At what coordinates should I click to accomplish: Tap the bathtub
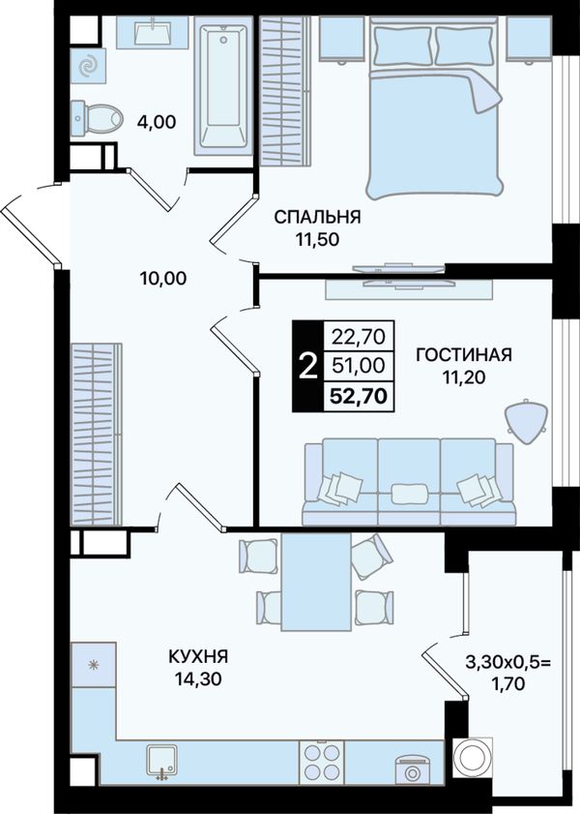click(223, 85)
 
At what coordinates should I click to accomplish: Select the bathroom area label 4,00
click(157, 122)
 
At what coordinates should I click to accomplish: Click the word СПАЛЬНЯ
click(317, 217)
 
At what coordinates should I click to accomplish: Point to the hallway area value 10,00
click(163, 279)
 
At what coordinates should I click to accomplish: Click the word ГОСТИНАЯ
click(464, 354)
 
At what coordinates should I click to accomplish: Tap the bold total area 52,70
click(360, 397)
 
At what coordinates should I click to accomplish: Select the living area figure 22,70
click(359, 337)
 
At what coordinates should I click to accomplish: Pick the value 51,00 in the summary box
click(359, 366)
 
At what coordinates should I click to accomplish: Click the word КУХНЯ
click(198, 656)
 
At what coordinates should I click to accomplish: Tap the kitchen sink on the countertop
click(161, 762)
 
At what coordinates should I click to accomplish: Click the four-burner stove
click(321, 762)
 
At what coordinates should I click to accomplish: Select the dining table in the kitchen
click(316, 582)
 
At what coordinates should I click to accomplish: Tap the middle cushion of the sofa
click(409, 494)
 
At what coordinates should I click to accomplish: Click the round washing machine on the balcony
click(472, 758)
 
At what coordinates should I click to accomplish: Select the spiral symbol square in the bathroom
click(89, 66)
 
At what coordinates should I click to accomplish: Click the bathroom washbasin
click(153, 32)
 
